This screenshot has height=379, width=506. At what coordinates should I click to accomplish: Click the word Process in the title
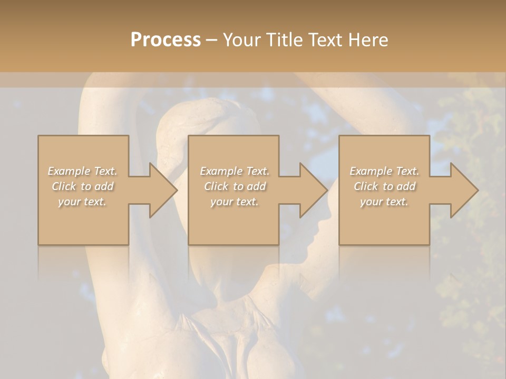coord(166,39)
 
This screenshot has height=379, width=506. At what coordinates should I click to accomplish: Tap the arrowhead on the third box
coord(463,190)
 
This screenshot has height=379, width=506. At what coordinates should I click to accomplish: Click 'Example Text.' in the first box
coord(83,171)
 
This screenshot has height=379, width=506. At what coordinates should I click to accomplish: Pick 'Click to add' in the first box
coord(83,186)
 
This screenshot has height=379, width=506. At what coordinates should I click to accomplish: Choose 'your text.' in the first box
coord(83,202)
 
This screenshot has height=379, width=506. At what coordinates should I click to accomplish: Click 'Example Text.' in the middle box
coord(234,171)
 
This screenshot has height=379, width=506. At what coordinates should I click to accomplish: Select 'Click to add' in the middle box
coord(234,186)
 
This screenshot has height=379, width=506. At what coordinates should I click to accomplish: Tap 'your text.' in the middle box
coord(234,202)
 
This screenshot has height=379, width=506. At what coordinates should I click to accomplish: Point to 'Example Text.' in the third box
coord(384,171)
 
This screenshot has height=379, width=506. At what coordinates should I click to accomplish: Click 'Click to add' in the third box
coord(384,186)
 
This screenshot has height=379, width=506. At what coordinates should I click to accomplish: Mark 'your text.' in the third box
coord(384,202)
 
